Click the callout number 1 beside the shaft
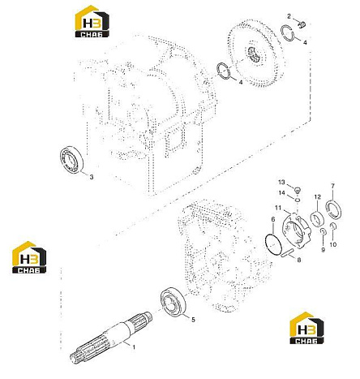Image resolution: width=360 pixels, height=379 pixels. (133, 347)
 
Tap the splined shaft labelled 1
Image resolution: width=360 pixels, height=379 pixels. (111, 336)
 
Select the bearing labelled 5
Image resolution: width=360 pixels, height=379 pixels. (173, 301)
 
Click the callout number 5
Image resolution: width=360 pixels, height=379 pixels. (193, 320)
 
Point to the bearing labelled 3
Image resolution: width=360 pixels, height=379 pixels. (72, 160)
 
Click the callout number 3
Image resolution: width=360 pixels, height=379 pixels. (92, 177)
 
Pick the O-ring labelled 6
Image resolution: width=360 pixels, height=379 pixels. (274, 244)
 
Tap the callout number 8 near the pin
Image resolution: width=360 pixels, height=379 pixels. (298, 261)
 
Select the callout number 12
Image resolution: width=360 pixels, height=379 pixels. (318, 196)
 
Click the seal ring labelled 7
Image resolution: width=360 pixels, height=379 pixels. (334, 209)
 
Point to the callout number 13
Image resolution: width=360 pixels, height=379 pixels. (281, 182)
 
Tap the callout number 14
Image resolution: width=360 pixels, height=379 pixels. (282, 192)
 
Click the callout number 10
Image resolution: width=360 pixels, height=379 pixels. (333, 244)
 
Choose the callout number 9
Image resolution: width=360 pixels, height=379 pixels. (323, 250)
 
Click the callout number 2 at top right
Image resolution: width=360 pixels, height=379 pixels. (289, 16)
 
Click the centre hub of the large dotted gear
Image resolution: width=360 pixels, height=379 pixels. (255, 54)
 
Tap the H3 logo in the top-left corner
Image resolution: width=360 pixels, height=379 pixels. (92, 21)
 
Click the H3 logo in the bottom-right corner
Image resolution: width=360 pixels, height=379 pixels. (306, 328)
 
